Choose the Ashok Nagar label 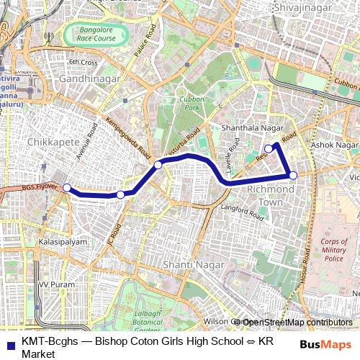(x=334, y=145)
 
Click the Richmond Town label (x=270, y=195)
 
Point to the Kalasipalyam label (x=63, y=242)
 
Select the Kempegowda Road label (x=128, y=138)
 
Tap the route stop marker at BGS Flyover (x=67, y=188)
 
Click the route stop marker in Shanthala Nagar (x=269, y=149)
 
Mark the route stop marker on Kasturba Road (x=158, y=166)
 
